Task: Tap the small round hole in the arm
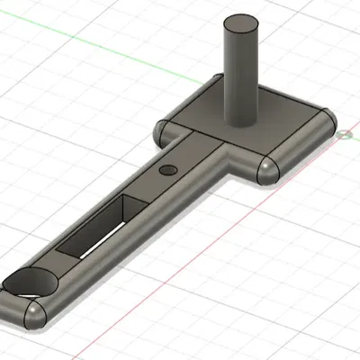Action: pyautogui.click(x=167, y=170)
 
